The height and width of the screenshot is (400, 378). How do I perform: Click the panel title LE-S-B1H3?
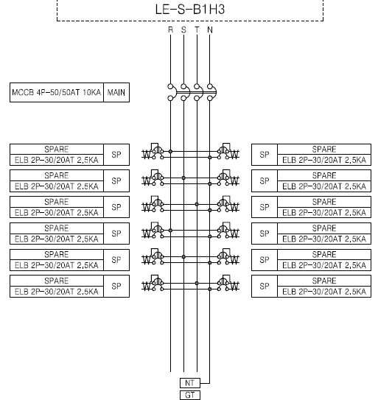click(x=190, y=9)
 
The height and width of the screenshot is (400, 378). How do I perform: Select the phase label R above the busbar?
click(x=170, y=30)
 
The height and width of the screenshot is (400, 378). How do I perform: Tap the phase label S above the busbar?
click(x=183, y=30)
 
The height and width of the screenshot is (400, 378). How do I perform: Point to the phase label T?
click(x=197, y=30)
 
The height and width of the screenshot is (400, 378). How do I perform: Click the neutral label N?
click(x=210, y=30)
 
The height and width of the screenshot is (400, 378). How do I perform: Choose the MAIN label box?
click(x=116, y=92)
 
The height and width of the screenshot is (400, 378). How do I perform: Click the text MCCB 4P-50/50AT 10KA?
click(x=57, y=92)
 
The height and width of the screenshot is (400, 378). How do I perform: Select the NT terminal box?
click(x=190, y=383)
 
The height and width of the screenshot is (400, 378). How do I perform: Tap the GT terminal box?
click(x=190, y=395)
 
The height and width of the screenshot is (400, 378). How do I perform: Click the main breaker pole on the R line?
click(x=172, y=92)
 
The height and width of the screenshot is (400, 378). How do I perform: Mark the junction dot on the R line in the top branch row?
click(x=170, y=152)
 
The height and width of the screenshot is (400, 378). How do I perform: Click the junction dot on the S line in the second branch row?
click(x=183, y=178)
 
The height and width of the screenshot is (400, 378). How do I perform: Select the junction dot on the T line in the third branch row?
click(x=197, y=204)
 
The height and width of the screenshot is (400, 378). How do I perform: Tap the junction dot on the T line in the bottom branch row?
click(x=197, y=283)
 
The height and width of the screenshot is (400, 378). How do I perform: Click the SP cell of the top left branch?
click(x=116, y=155)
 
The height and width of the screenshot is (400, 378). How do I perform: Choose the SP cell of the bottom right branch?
click(x=265, y=287)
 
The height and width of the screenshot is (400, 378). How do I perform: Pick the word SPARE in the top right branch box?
click(x=324, y=150)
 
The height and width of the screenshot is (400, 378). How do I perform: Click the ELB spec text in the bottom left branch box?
click(x=57, y=291)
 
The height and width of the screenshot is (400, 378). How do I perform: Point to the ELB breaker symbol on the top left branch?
click(x=153, y=152)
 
